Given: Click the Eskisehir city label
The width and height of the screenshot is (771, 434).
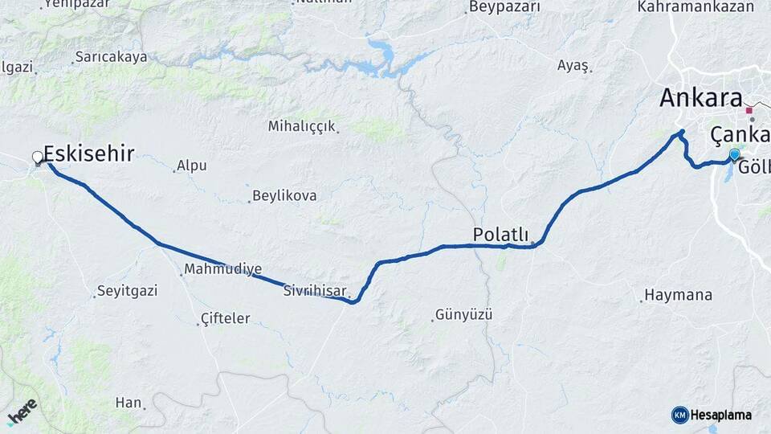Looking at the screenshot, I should [x=88, y=154].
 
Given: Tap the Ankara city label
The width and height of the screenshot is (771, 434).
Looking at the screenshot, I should [x=700, y=98].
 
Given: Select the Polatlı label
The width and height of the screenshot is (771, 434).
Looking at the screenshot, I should [x=500, y=234].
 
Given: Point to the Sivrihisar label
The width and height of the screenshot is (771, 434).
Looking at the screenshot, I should [x=313, y=291].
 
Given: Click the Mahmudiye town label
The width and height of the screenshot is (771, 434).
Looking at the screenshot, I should [x=222, y=268].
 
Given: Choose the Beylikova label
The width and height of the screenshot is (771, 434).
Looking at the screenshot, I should [x=284, y=195].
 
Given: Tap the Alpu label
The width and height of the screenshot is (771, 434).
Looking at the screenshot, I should [x=192, y=166].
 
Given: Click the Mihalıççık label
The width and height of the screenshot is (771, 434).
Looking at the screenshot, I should [x=302, y=126].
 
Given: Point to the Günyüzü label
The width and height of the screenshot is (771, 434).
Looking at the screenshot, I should [x=463, y=314].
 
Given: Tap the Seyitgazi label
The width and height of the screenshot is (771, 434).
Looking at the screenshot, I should [x=124, y=290].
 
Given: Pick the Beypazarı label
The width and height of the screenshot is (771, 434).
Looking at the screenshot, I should [x=504, y=7].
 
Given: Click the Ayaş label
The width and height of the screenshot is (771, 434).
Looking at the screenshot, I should [x=573, y=66].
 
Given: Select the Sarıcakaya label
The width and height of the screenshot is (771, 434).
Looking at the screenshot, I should [x=112, y=57].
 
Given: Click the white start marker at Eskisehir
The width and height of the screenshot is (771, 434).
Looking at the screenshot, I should [x=38, y=158].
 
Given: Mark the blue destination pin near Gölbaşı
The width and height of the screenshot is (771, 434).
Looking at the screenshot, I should [x=734, y=154].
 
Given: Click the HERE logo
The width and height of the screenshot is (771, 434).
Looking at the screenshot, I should [x=22, y=411].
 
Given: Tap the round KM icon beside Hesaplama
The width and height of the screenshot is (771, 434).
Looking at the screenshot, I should [x=679, y=415].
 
